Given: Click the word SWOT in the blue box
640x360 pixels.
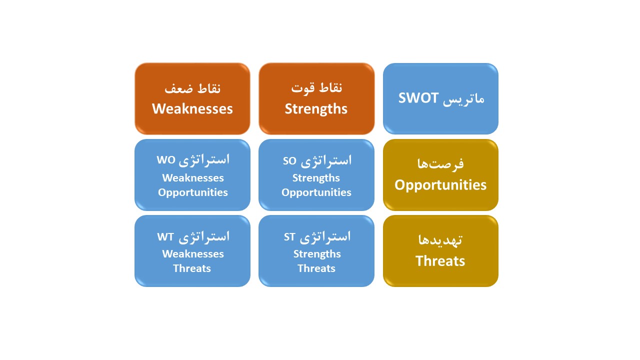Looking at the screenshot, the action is point(418,98).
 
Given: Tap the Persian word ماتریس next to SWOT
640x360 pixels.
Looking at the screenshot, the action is point(463,99).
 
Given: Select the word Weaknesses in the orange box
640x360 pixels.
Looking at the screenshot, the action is point(192,109).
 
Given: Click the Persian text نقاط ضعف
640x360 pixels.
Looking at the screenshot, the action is point(192,88).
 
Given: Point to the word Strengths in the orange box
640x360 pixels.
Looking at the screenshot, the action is point(316,109).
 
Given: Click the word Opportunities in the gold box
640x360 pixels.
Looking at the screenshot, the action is point(440,185).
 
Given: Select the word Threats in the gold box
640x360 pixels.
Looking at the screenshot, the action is point(440,261).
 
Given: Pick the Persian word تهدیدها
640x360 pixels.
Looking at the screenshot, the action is point(440,240).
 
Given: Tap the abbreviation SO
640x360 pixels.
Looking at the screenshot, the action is point(289,161).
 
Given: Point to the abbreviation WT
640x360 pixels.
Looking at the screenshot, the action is point(165,237).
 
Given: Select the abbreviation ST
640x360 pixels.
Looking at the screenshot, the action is point(289,237).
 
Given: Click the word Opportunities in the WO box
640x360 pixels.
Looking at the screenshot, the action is point(193,193).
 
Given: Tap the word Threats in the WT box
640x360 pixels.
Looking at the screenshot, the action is point(192,268).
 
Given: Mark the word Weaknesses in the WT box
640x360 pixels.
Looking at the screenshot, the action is point(193,254).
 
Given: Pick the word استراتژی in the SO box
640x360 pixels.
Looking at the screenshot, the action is point(326,161).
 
